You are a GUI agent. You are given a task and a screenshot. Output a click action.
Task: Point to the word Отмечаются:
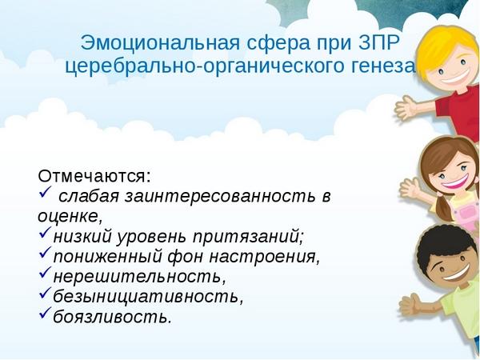pyautogui.click(x=94, y=176)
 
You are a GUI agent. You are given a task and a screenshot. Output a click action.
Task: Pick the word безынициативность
pyautogui.click(x=148, y=296)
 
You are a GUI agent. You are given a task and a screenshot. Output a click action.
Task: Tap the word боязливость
pyautogui.click(x=112, y=317)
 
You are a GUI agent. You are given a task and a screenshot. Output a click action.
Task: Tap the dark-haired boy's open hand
pyautogui.click(x=411, y=304)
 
